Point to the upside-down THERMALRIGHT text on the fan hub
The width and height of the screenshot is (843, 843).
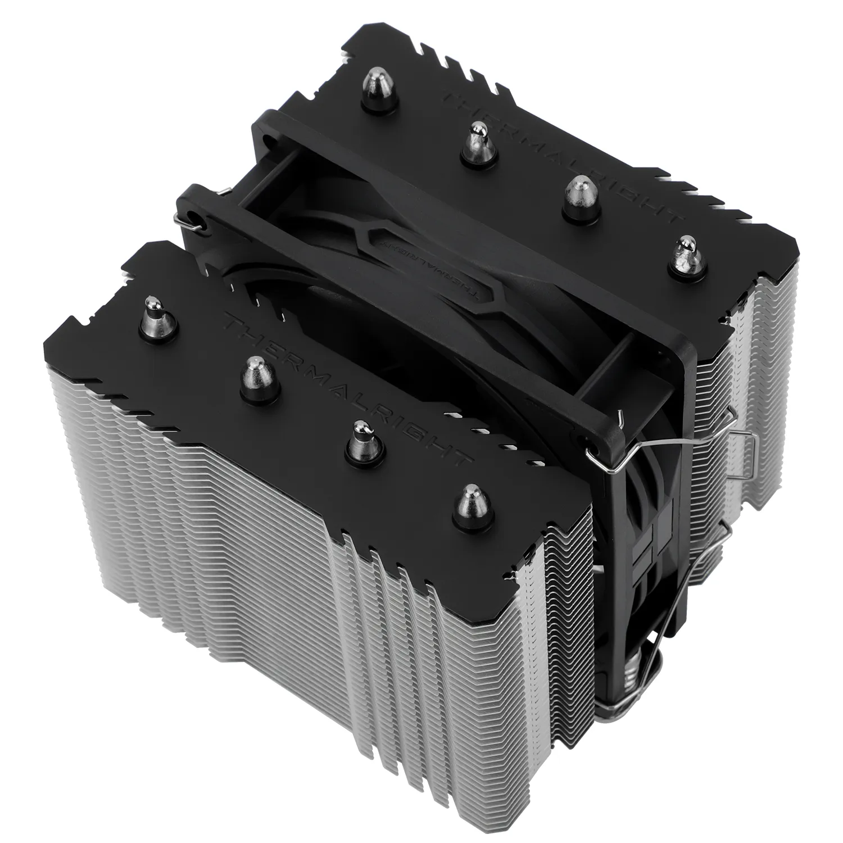click(430, 267)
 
